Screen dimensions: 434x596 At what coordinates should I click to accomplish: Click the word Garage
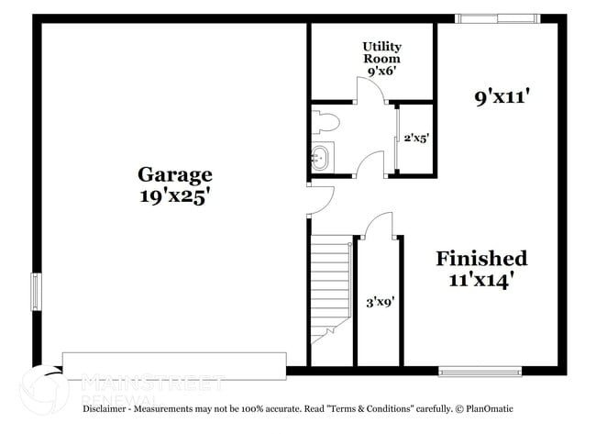175,173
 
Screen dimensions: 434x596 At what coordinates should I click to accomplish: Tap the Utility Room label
381,51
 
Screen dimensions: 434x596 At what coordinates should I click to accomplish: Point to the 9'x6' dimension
381,70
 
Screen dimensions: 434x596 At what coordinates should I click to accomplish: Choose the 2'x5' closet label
416,139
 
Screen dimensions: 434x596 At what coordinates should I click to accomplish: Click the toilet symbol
325,122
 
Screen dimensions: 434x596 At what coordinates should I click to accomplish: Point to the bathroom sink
321,157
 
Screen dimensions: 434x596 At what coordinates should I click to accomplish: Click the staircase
330,284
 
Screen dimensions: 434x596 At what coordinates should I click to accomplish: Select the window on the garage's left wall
37,292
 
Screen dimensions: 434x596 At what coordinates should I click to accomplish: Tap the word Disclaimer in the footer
106,407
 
